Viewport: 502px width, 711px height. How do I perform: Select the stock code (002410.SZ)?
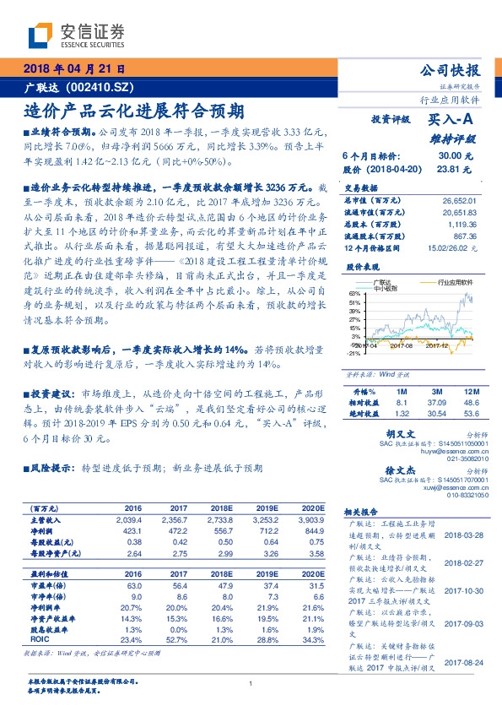tap(101, 87)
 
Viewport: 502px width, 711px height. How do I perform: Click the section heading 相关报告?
tap(366, 513)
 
